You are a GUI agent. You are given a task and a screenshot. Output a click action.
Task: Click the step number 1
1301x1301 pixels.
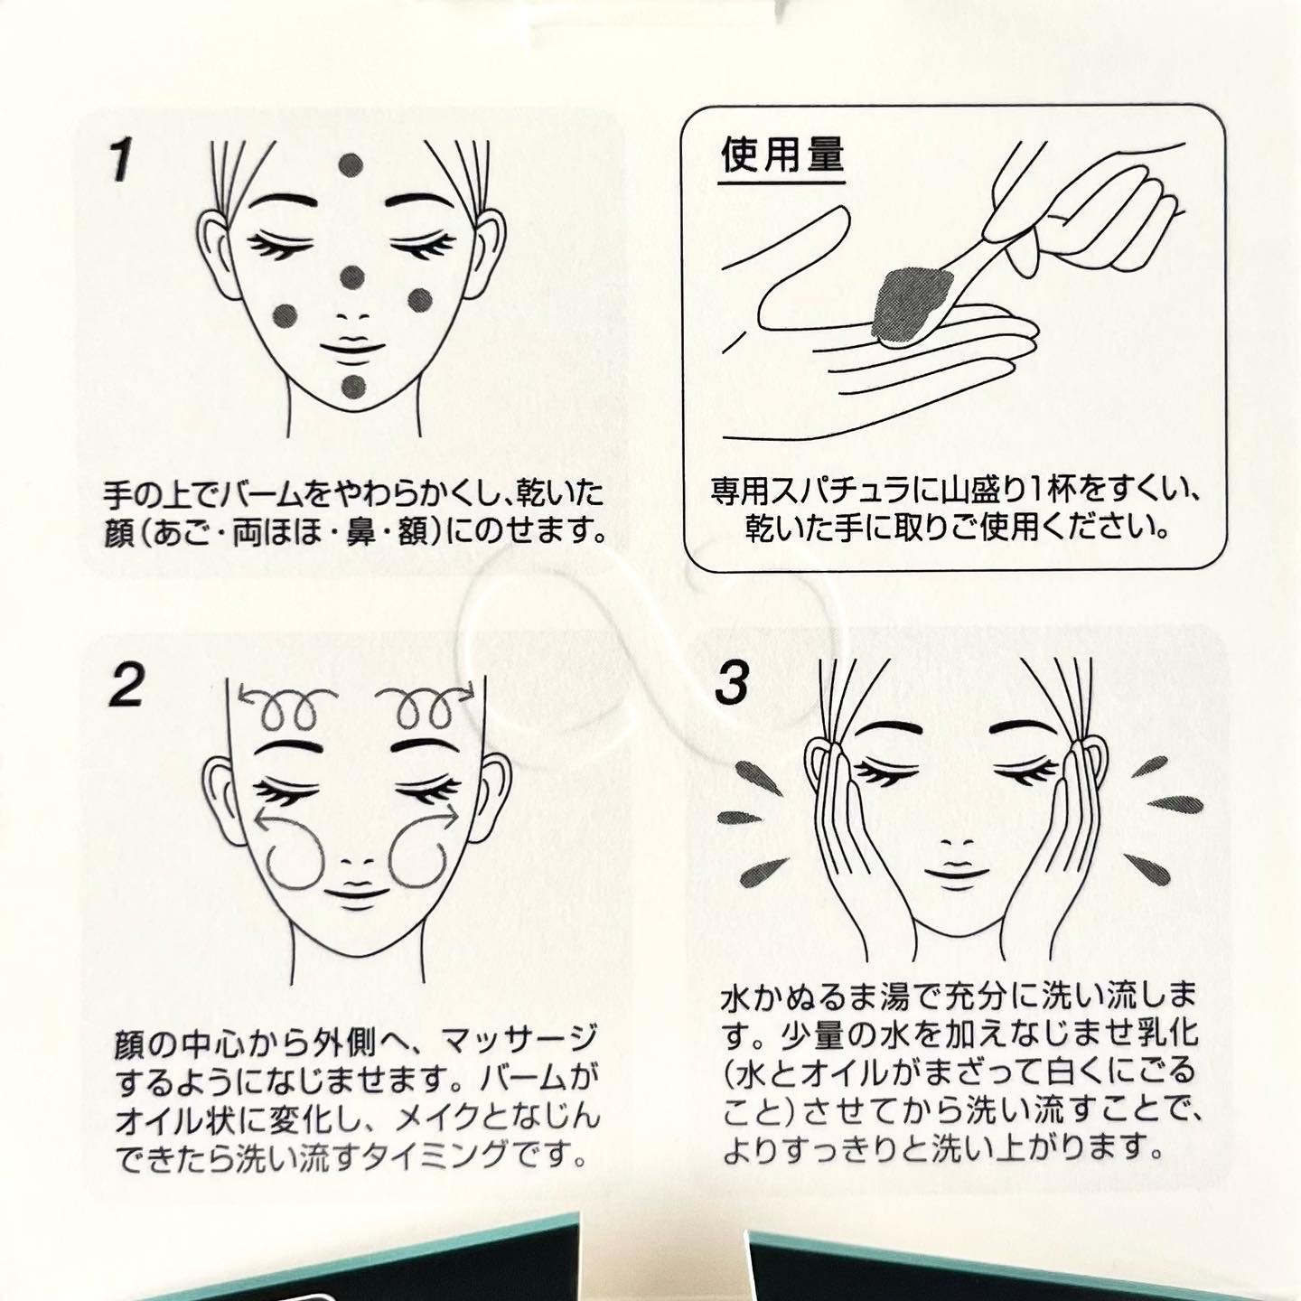click(x=121, y=162)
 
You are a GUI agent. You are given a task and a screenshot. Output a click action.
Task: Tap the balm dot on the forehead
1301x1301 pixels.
click(x=351, y=164)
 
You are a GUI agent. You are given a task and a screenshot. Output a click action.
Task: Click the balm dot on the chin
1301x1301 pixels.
click(x=354, y=386)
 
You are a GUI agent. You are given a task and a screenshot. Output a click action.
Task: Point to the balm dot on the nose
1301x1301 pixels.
click(x=351, y=276)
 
